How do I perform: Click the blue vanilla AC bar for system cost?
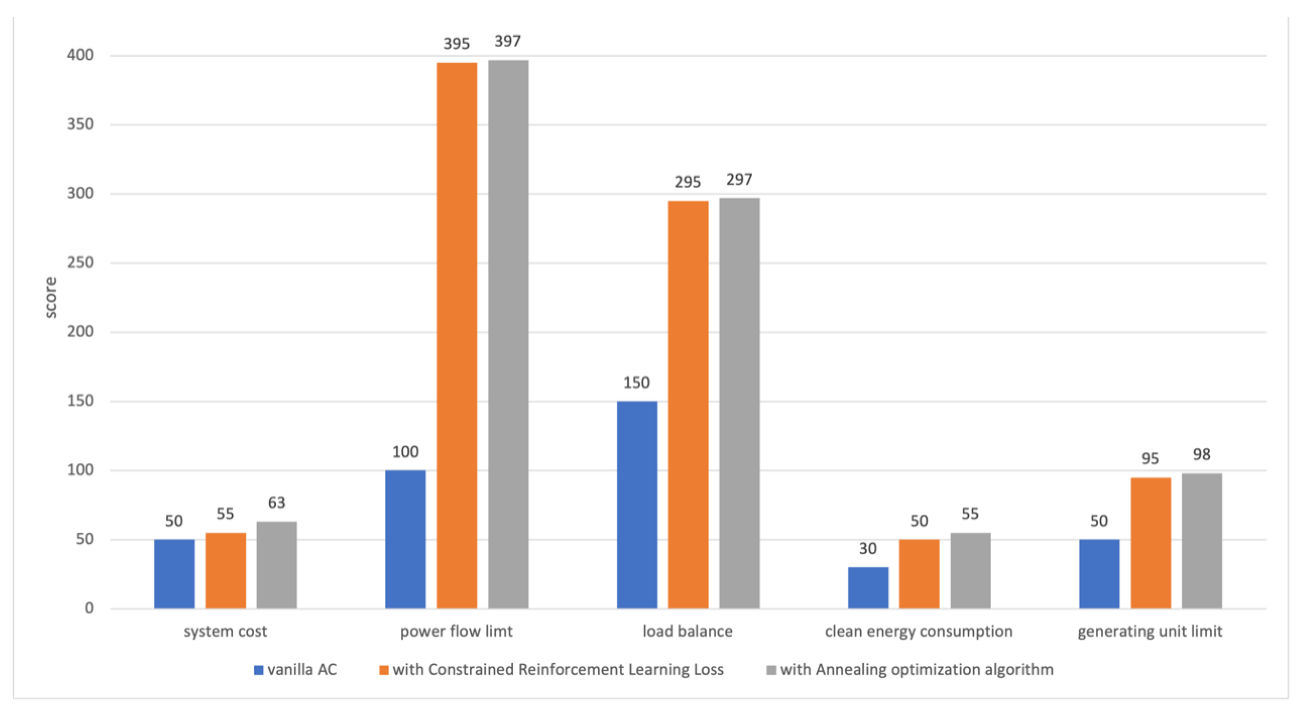click(x=174, y=574)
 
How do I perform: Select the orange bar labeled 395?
click(x=456, y=336)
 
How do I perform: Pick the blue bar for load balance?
click(x=637, y=504)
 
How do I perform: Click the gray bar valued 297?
click(x=739, y=403)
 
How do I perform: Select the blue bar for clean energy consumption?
click(x=868, y=588)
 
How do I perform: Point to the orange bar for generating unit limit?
click(x=1150, y=543)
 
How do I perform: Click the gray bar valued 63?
click(x=277, y=565)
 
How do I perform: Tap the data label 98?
click(x=1201, y=454)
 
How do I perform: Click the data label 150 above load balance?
click(x=636, y=383)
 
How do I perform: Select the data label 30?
click(x=868, y=548)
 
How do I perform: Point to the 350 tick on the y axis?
click(x=80, y=124)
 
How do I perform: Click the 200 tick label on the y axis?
click(x=80, y=331)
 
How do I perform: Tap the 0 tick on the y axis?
click(x=89, y=608)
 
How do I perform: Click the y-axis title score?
click(x=51, y=297)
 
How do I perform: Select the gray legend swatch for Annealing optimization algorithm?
click(x=771, y=670)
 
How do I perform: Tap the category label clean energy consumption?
click(x=918, y=631)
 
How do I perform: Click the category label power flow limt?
click(x=456, y=631)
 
